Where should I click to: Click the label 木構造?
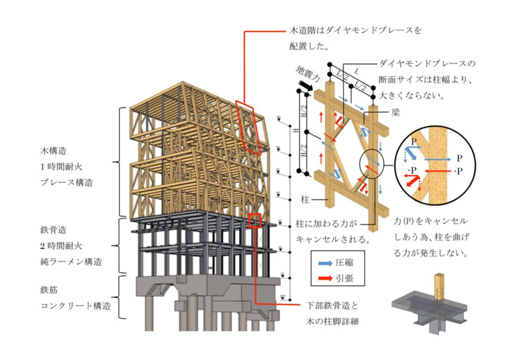(x=53, y=151)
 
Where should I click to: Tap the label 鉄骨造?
(x=53, y=230)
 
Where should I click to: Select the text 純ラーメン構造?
(x=71, y=262)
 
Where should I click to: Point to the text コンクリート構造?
(x=75, y=306)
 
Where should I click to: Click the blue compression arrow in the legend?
(x=325, y=263)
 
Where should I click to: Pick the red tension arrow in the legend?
(x=325, y=278)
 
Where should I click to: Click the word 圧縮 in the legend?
(x=344, y=263)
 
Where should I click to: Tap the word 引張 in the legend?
(x=344, y=278)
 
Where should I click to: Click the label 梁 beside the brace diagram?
(x=395, y=113)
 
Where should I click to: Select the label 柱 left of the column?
(x=305, y=199)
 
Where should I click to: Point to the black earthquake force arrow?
(x=306, y=85)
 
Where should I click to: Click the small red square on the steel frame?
(x=255, y=221)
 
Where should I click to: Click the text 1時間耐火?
(x=61, y=167)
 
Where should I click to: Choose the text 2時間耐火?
(x=61, y=246)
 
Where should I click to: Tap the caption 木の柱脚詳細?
(x=332, y=321)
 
